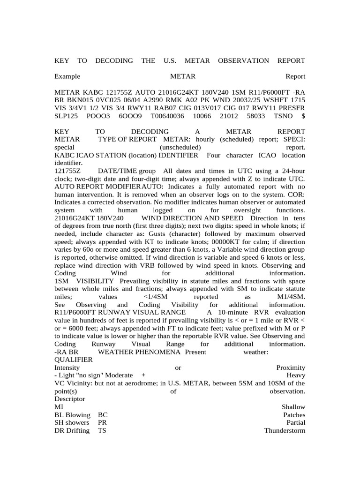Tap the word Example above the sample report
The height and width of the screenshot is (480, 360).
67,76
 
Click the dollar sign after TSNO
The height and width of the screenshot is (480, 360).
302,115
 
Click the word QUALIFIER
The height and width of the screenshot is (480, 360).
73,360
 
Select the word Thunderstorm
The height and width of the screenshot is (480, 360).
285,430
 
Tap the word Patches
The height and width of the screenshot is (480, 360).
294,415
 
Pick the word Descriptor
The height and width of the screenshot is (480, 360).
70,399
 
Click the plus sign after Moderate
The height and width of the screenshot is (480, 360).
142,375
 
